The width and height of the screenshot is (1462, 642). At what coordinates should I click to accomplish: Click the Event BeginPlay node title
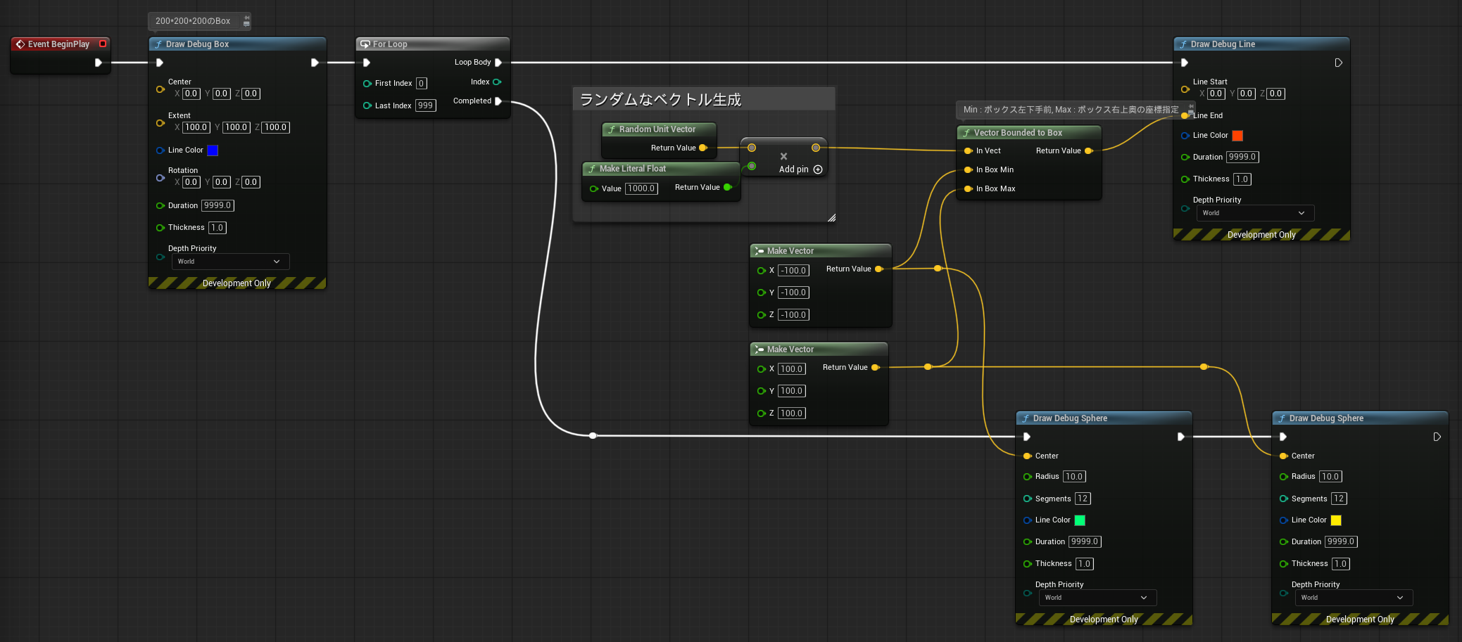pos(58,44)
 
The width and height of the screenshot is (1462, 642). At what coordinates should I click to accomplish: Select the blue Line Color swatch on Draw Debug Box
pos(213,150)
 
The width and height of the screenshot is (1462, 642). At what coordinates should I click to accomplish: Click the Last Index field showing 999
pos(425,105)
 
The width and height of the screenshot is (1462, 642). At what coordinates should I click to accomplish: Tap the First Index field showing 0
pos(421,83)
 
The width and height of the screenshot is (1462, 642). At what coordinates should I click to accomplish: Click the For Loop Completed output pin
pos(498,101)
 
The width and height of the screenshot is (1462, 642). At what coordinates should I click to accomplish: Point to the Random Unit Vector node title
pos(657,129)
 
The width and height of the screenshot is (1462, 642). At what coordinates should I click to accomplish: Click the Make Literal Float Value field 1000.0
pos(641,188)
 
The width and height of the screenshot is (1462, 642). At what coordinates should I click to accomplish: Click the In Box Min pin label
pos(995,169)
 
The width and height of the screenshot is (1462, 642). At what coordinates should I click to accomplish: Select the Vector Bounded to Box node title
pos(1018,133)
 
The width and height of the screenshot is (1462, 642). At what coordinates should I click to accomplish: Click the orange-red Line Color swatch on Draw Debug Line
pos(1237,136)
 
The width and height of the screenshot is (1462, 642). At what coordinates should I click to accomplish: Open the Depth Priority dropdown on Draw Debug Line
pos(1255,213)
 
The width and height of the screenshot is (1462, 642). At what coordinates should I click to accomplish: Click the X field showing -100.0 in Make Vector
pos(793,271)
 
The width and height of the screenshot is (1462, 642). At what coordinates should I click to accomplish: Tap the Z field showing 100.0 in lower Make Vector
pos(791,413)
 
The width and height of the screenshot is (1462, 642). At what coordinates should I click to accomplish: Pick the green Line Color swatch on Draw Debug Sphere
pos(1080,520)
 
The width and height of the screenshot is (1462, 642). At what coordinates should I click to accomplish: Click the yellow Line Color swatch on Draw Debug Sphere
pos(1336,520)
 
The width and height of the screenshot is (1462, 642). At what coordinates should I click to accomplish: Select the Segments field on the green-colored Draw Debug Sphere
pos(1083,499)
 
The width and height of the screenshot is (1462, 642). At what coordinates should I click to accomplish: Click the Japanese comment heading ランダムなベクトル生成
pos(660,100)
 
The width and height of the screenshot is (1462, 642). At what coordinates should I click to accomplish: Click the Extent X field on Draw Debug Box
pos(196,127)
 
